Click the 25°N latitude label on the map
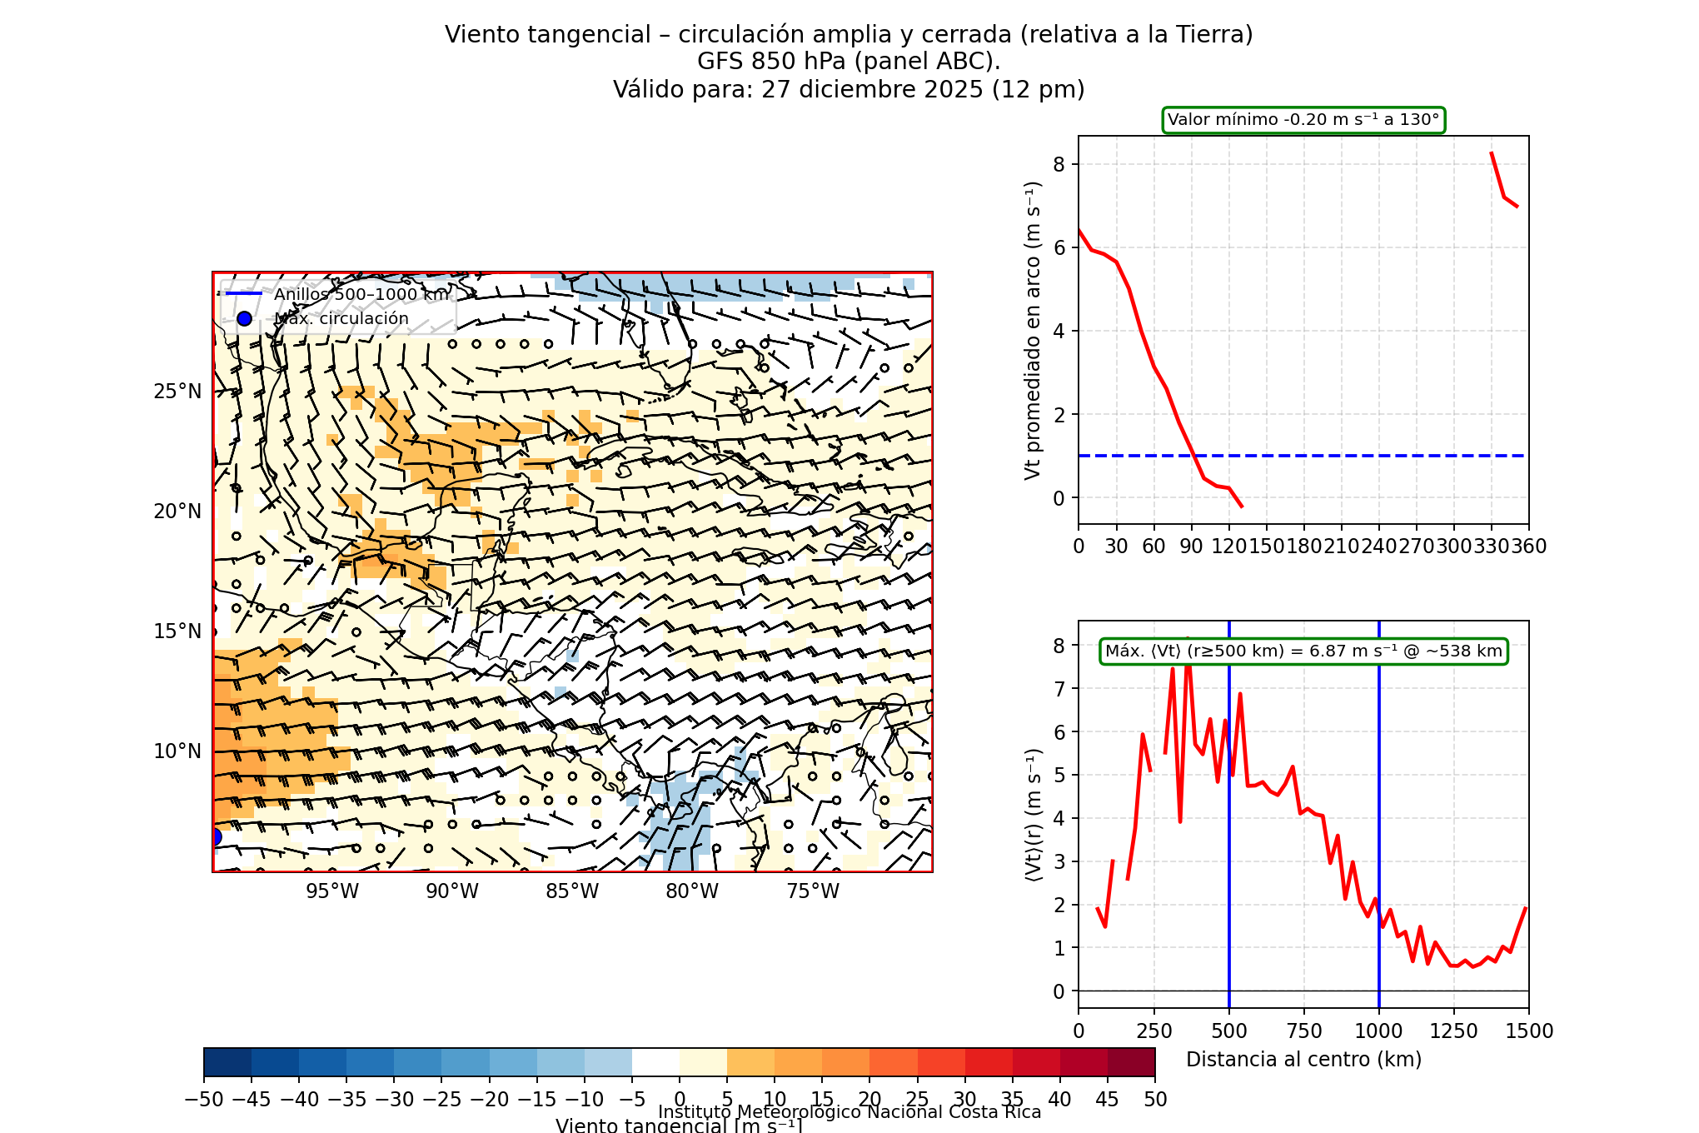point(177,392)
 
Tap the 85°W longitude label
point(572,891)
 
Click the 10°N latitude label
point(177,751)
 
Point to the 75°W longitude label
point(813,891)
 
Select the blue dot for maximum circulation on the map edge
point(215,836)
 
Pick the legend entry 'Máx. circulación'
point(341,318)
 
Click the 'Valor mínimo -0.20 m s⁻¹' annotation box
point(1303,120)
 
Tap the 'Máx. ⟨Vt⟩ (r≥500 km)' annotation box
point(1303,651)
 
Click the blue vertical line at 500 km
point(1229,833)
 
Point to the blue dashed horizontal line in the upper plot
point(1333,456)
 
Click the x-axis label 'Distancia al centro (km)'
point(1303,1059)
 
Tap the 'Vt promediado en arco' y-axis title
point(1033,330)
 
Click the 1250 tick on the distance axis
point(1454,1031)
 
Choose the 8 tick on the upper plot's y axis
point(1059,164)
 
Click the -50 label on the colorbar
point(204,1100)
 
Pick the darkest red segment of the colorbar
point(1132,1062)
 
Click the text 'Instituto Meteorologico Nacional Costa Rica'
point(849,1112)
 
